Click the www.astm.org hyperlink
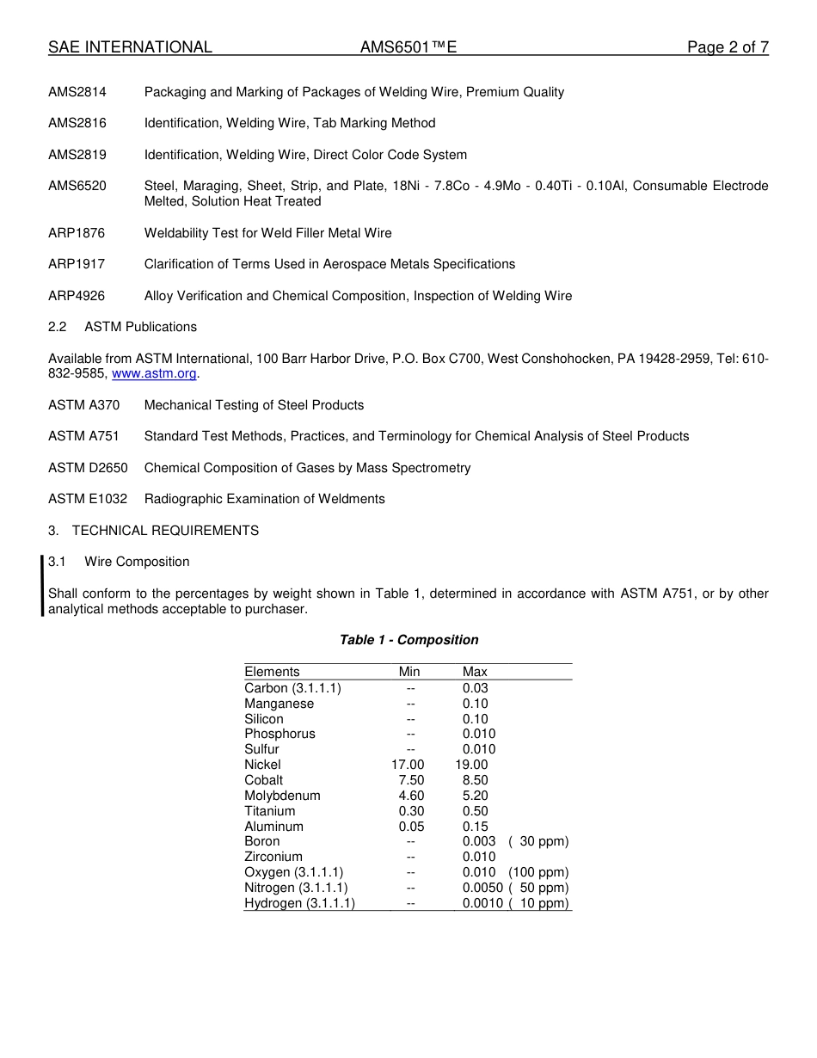(155, 374)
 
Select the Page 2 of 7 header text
(728, 47)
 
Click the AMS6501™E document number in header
(408, 47)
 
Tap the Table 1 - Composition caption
(408, 640)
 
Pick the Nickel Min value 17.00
(408, 765)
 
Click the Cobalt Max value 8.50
(475, 780)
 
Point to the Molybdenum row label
(282, 796)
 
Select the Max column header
(475, 672)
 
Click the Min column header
(409, 672)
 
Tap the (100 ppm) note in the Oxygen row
(538, 872)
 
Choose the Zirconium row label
(273, 857)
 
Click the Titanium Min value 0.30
(411, 811)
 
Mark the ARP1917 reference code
(77, 264)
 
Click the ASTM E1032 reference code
(88, 499)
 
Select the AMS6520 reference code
(77, 186)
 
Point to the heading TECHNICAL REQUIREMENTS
(165, 531)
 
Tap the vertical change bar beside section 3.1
(43, 586)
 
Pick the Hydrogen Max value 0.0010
(482, 903)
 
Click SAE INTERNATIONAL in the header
(130, 47)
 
